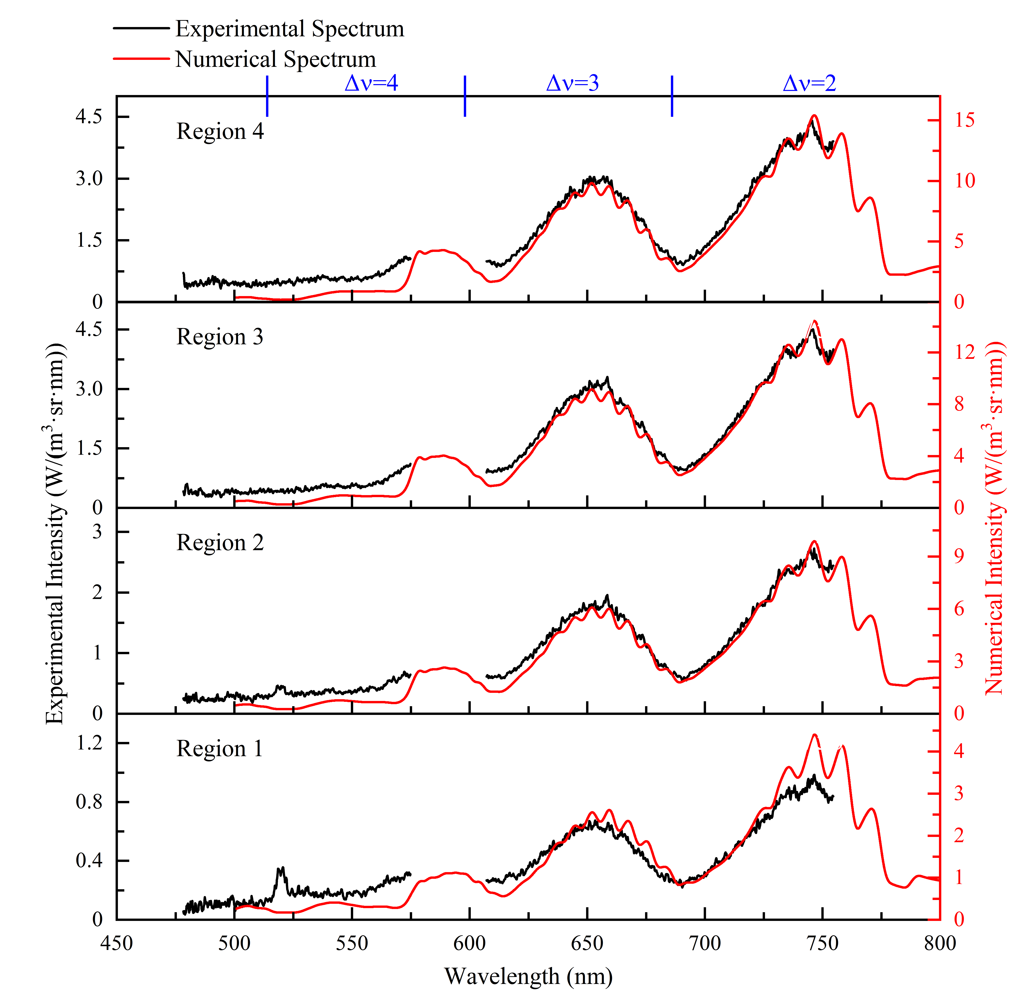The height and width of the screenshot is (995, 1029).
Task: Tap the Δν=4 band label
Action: click(371, 83)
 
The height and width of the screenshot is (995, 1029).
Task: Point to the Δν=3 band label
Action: click(572, 83)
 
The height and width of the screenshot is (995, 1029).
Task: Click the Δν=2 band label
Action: click(809, 83)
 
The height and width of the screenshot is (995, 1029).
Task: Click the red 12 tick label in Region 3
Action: click(964, 352)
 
